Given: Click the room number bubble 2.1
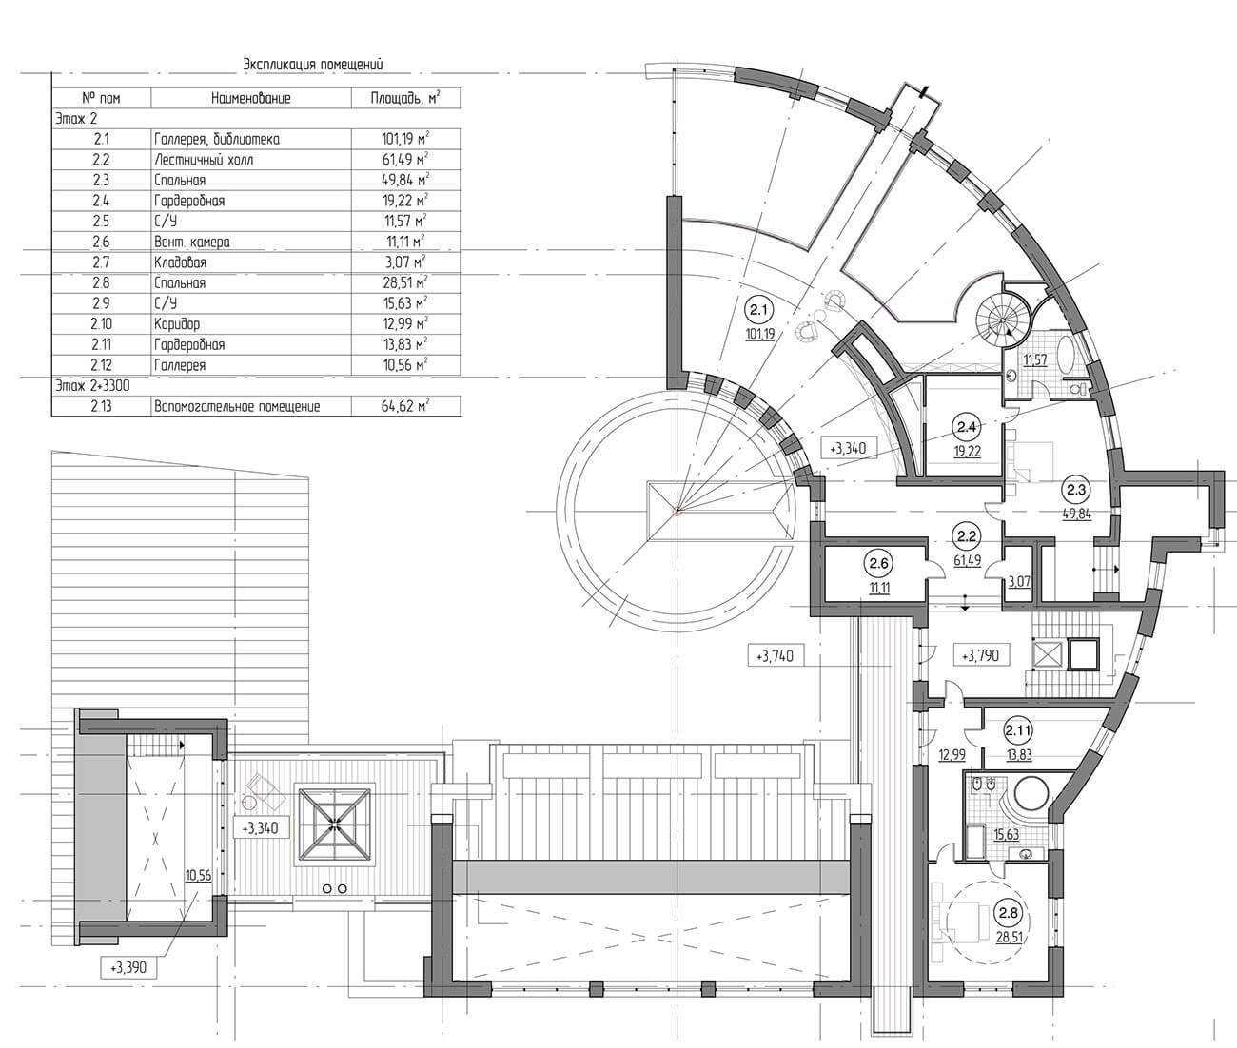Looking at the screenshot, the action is tap(758, 310).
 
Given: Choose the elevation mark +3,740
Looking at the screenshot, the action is tap(775, 656).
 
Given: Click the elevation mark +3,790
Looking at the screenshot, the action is tap(980, 655).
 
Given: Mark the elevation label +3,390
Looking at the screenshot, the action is tap(128, 967).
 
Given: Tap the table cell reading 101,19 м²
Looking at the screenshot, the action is tap(405, 140).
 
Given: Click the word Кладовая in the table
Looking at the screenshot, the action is tap(180, 262).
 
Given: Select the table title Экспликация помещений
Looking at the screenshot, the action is tap(313, 65).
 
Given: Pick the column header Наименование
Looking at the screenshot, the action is tap(251, 98).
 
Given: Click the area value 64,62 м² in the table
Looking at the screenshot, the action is tap(405, 407).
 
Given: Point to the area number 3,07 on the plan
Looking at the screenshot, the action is tap(1019, 580).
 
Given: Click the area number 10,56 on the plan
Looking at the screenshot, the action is tap(198, 876).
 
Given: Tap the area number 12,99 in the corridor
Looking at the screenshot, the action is tap(952, 755).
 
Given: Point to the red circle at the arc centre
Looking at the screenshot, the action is tap(677, 511).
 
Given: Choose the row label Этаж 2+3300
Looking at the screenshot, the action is tap(92, 386).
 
